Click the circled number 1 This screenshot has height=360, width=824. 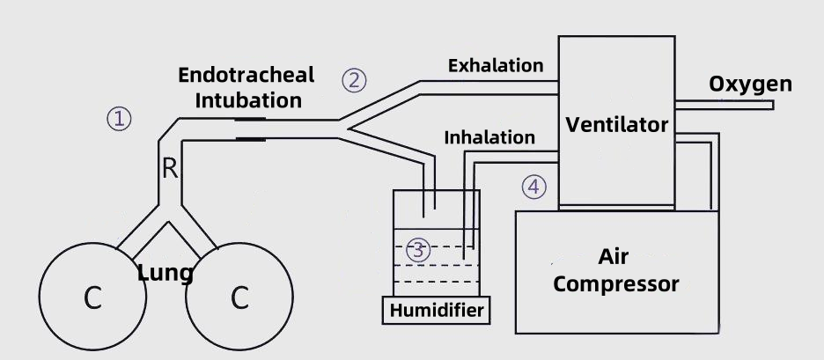click(120, 118)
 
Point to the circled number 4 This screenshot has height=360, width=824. click(533, 187)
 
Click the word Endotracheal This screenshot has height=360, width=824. click(246, 75)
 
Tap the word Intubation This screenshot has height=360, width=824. click(248, 99)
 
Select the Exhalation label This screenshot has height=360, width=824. click(496, 65)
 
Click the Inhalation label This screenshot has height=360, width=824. click(489, 137)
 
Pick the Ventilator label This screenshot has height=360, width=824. click(616, 124)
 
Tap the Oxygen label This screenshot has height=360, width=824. click(751, 84)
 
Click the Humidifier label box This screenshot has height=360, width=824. click(435, 310)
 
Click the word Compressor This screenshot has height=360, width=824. click(616, 284)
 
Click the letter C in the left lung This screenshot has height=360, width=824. click(92, 299)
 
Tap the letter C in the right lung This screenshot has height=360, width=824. click(239, 299)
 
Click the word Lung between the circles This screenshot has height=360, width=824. click(166, 273)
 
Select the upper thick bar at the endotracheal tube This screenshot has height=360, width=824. click(250, 120)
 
